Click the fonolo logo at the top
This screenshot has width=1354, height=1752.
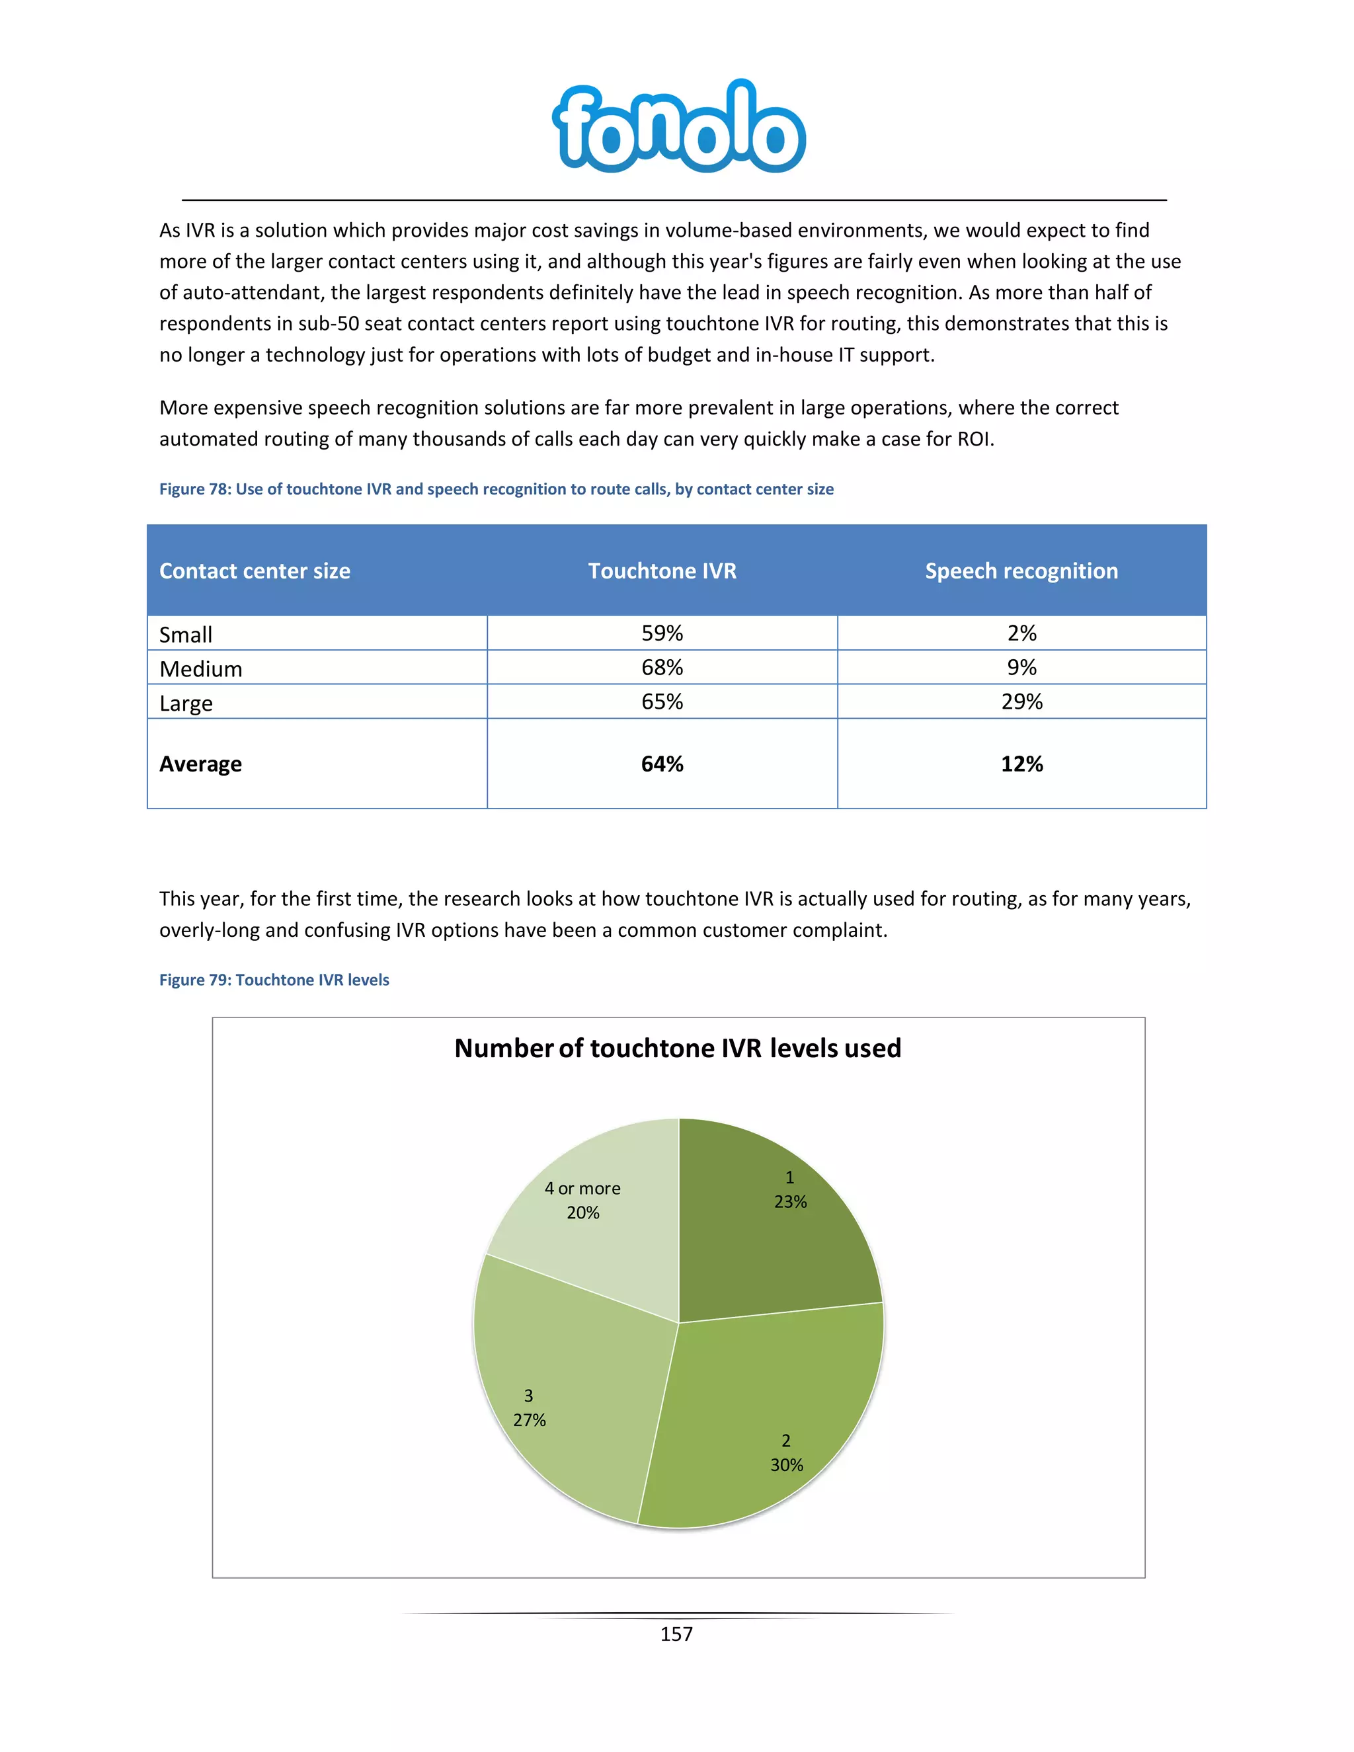[x=678, y=127]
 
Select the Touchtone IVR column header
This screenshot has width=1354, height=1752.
[x=662, y=571]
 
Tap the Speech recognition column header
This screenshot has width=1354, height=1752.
[x=1021, y=571]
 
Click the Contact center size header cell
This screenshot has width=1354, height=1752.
[x=255, y=571]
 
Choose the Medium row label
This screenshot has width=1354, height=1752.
[x=200, y=668]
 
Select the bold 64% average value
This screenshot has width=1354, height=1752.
[x=662, y=764]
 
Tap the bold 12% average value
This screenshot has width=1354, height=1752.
[x=1021, y=764]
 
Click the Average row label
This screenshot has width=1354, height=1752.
[x=200, y=764]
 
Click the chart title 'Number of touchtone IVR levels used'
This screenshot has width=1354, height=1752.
[x=678, y=1049]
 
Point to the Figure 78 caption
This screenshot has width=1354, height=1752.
[x=496, y=489]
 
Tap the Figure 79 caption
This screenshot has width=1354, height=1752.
[x=274, y=980]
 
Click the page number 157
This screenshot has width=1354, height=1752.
[x=676, y=1634]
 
